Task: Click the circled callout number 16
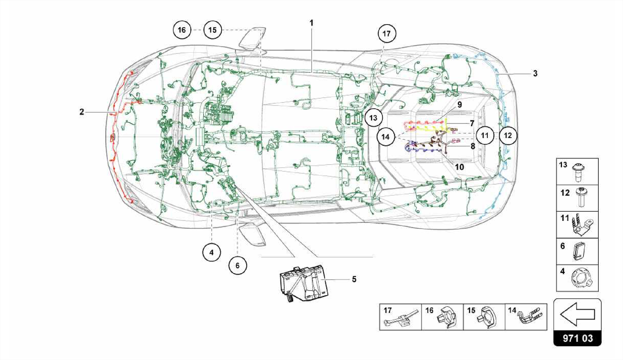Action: pos(182,30)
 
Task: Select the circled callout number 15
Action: pos(213,30)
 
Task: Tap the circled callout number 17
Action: pos(387,33)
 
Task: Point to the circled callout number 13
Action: pos(373,118)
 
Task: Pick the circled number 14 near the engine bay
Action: pos(385,137)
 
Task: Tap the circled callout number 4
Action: pos(211,252)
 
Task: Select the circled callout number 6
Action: pos(238,265)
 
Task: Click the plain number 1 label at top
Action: pos(311,23)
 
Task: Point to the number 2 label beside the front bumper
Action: pos(82,112)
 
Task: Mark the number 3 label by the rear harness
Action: pos(535,73)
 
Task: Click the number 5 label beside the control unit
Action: pos(354,279)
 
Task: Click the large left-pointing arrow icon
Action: pos(577,314)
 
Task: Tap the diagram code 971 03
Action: pos(577,338)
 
